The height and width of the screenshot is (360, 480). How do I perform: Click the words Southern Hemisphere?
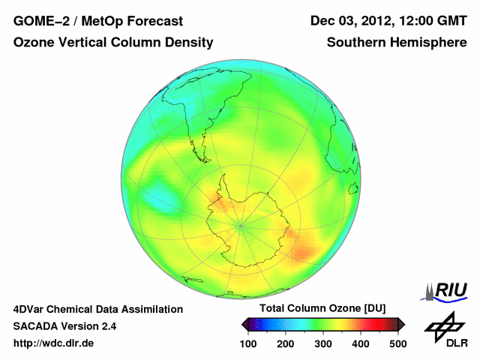pyautogui.click(x=396, y=43)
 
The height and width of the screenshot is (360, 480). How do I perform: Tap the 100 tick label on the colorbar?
pyautogui.click(x=249, y=343)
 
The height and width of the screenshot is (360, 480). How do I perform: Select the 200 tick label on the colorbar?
pyautogui.click(x=286, y=343)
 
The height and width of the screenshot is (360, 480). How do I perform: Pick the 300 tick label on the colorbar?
pyautogui.click(x=323, y=343)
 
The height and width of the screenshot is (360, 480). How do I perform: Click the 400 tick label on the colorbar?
pyautogui.click(x=361, y=343)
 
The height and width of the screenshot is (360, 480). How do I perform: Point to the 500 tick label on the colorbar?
pyautogui.click(x=397, y=343)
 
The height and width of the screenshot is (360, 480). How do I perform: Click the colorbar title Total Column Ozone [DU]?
pyautogui.click(x=322, y=309)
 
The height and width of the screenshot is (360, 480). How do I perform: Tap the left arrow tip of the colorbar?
pyautogui.click(x=243, y=324)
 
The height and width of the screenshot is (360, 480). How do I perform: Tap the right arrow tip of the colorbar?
pyautogui.click(x=403, y=324)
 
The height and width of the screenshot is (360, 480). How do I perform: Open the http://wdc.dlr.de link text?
pyautogui.click(x=53, y=343)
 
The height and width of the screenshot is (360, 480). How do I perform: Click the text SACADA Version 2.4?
pyautogui.click(x=64, y=326)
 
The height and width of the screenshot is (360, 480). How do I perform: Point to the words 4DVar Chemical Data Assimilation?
pyautogui.click(x=97, y=309)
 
